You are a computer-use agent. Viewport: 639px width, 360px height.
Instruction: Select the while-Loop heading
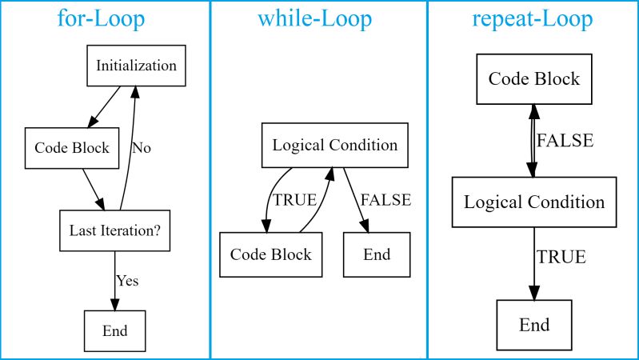tap(314, 18)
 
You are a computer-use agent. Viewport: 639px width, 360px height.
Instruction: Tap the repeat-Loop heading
tap(533, 18)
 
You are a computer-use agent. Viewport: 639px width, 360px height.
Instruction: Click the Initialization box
tap(136, 66)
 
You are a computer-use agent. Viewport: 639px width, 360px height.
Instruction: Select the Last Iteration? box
tap(114, 230)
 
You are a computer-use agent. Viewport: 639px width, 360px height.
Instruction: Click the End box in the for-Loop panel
tap(114, 330)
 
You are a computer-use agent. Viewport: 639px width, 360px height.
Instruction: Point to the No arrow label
tap(142, 148)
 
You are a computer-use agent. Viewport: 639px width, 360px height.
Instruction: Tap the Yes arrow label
tap(127, 281)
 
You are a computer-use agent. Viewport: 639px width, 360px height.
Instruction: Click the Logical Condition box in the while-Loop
tap(334, 146)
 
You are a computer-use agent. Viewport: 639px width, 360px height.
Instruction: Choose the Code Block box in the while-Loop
tap(270, 255)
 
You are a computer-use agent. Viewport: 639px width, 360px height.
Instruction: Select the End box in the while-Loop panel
tap(377, 255)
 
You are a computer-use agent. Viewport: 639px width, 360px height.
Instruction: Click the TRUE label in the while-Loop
tap(295, 200)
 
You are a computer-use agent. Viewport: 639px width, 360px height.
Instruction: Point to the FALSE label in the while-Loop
tap(385, 200)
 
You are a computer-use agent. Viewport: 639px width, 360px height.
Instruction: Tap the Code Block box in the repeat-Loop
tap(533, 79)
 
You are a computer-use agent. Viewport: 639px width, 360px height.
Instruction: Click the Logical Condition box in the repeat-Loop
tap(533, 202)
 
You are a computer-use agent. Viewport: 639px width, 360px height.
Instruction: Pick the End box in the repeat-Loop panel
tap(534, 325)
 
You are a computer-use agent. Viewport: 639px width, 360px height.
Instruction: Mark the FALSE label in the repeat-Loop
tap(565, 142)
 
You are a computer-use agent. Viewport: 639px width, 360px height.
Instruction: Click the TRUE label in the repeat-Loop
tap(561, 258)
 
